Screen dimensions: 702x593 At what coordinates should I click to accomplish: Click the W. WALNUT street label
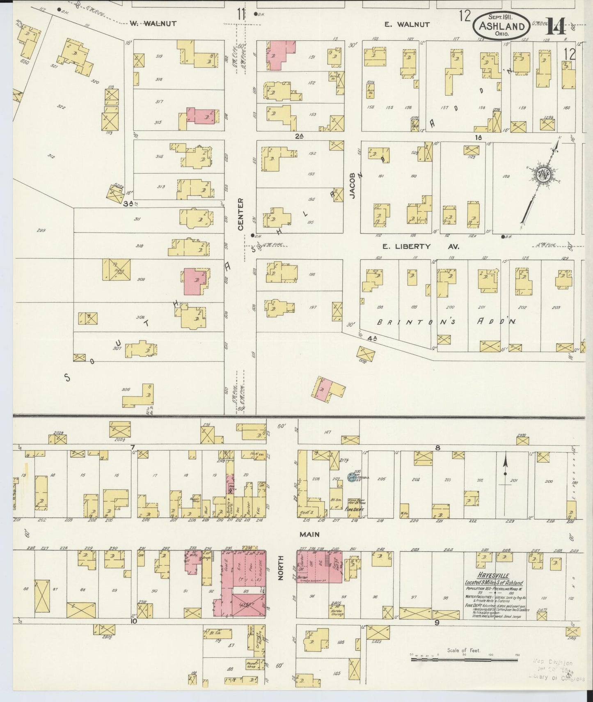(x=153, y=23)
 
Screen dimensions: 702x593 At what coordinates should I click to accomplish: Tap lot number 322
(x=61, y=106)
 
